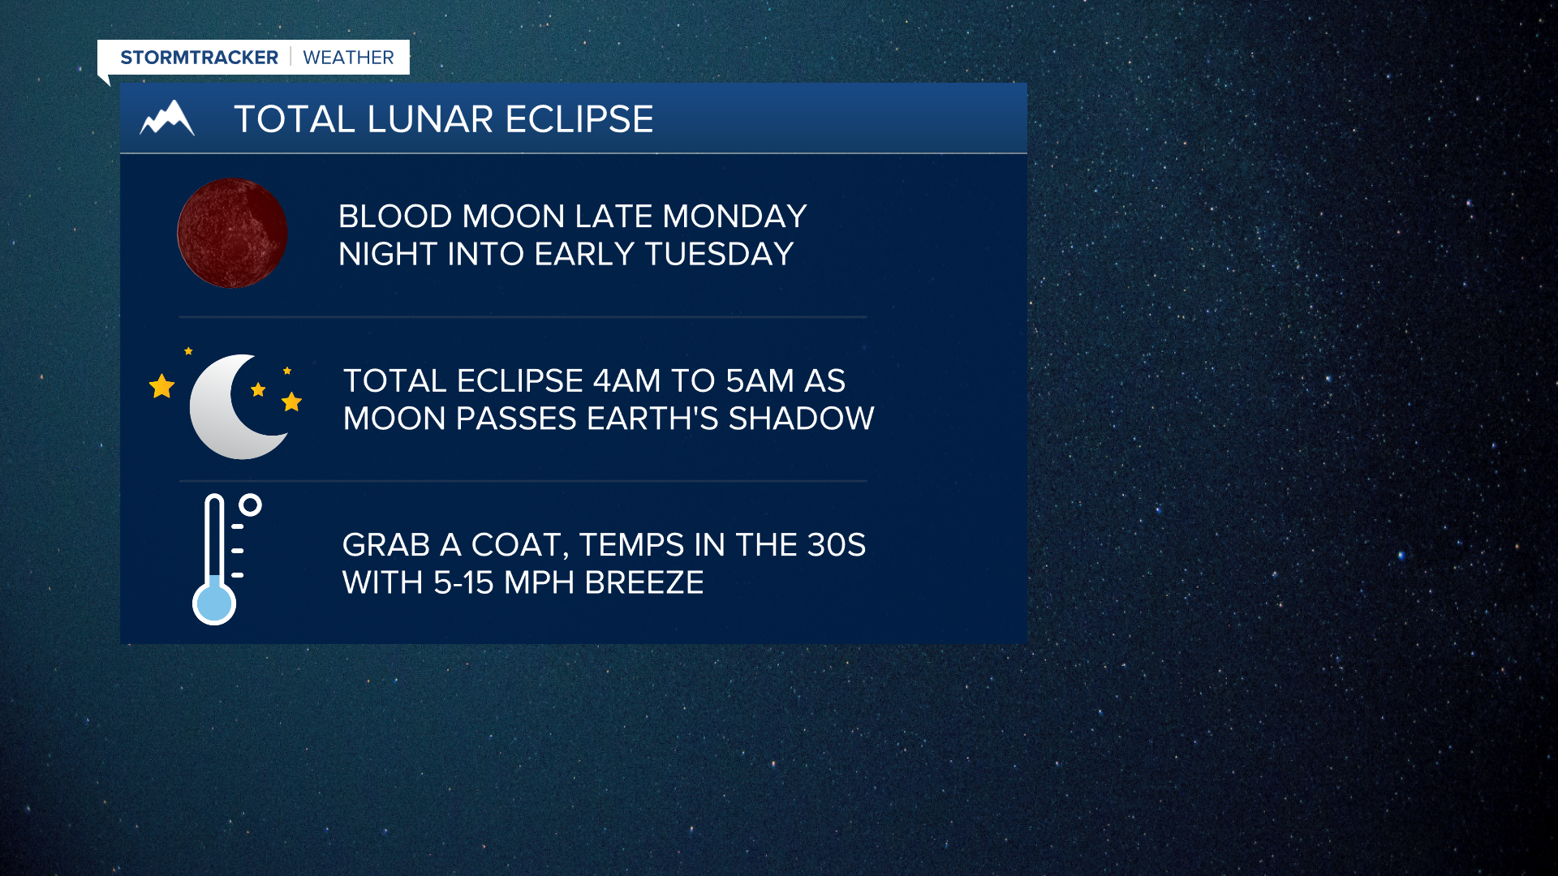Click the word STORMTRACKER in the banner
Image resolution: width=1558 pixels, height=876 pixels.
point(199,58)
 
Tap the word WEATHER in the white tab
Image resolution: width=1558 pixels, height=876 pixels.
point(348,58)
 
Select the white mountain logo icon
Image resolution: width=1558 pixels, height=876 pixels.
point(167,118)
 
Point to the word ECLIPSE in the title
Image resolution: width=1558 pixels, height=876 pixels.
point(579,119)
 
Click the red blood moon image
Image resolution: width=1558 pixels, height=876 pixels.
point(232,234)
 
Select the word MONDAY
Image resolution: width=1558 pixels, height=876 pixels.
point(734,217)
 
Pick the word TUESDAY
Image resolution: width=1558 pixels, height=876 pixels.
point(719,255)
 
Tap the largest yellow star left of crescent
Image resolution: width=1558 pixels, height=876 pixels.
point(162,386)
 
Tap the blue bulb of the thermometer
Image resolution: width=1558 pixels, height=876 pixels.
point(214,603)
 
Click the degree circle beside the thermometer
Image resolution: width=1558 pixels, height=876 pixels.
point(251,505)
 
